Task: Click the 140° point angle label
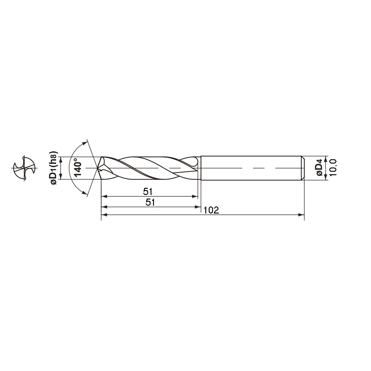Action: coord(78,169)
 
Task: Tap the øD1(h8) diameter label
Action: coord(54,168)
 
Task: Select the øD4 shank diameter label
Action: coord(319,168)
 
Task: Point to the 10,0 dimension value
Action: coord(333,167)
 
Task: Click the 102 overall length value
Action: coord(211,210)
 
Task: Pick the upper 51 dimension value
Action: coord(148,192)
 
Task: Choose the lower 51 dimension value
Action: coord(150,202)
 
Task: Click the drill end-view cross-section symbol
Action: coord(24,168)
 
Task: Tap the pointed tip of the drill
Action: coord(97,168)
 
